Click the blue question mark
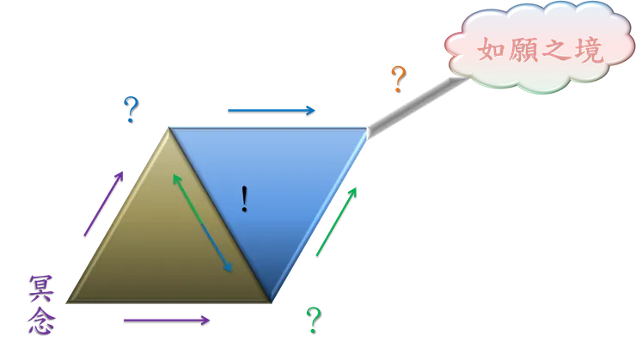click(x=130, y=109)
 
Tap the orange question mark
click(x=397, y=80)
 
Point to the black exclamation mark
click(x=245, y=200)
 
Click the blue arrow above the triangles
click(x=270, y=109)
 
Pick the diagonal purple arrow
click(x=103, y=203)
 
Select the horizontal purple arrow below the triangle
click(x=168, y=320)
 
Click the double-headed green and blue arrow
click(x=203, y=223)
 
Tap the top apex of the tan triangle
click(x=168, y=129)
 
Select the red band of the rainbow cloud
click(x=541, y=52)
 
